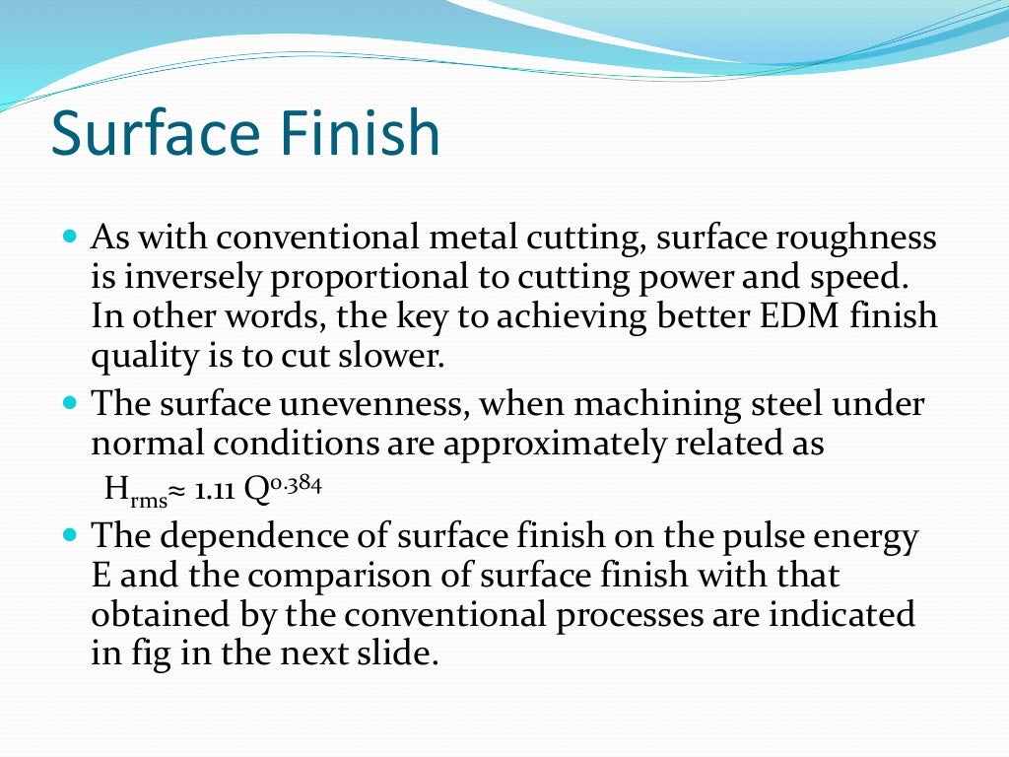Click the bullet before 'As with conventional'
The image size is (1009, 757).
click(x=69, y=238)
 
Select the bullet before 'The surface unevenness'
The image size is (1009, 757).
click(x=69, y=403)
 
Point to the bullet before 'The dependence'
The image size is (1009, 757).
click(x=69, y=536)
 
